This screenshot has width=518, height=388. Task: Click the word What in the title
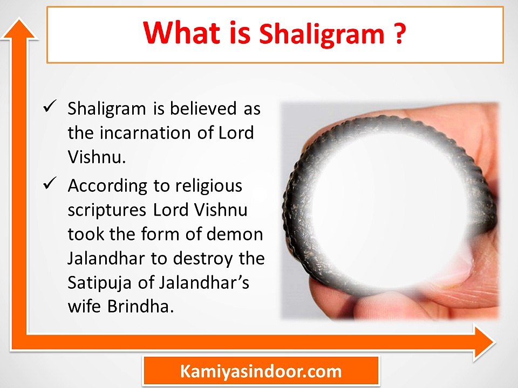[181, 33]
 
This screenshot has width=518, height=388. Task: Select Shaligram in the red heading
[322, 35]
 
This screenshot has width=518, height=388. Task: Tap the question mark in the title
[399, 33]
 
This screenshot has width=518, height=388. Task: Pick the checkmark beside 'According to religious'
[50, 183]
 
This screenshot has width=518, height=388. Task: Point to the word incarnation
[145, 133]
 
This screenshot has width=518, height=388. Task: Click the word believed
[203, 108]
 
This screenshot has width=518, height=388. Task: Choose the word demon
[235, 234]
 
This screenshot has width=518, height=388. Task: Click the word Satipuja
[99, 283]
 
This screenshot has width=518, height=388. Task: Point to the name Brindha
[140, 307]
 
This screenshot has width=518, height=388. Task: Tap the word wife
[84, 307]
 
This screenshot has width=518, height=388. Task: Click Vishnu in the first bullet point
[97, 157]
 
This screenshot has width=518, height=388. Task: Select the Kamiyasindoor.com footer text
[261, 371]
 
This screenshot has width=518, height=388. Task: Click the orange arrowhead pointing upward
[19, 30]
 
